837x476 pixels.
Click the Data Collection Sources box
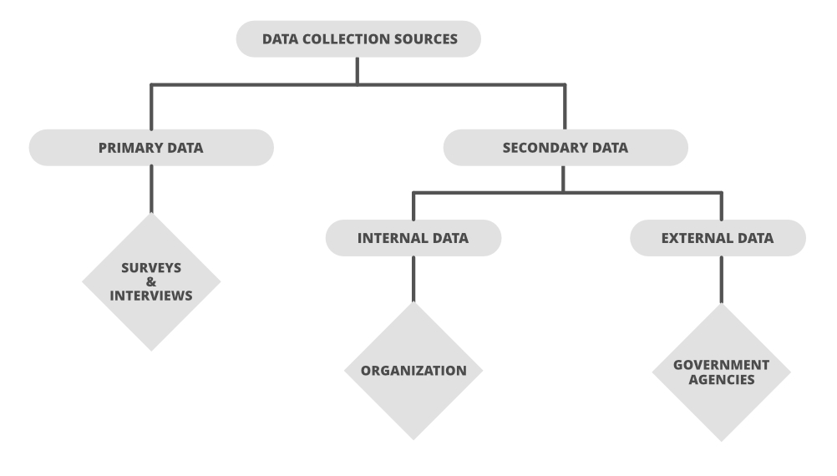358,39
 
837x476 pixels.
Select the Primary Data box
151,148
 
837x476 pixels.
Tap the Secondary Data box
565,148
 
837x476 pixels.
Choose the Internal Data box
413,238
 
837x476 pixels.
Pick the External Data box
717,238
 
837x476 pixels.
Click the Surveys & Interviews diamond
151,282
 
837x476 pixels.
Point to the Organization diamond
413,370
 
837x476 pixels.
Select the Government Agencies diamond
721,372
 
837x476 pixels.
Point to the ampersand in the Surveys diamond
151,282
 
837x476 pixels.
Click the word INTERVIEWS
151,296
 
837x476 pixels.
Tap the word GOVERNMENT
721,365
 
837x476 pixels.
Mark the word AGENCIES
721,379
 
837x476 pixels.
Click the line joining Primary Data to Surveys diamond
151,189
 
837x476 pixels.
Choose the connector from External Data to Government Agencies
721,279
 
